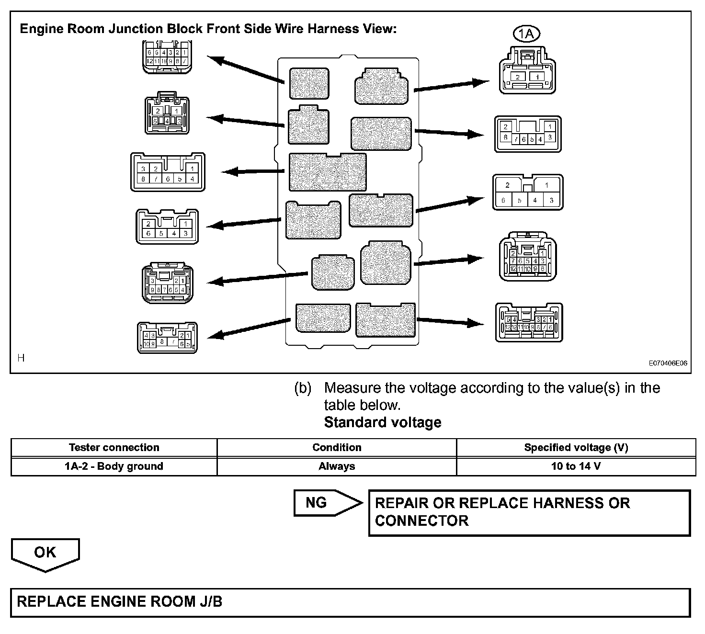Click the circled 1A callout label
pyautogui.click(x=526, y=34)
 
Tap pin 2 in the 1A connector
pyautogui.click(x=517, y=77)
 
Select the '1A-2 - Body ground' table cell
pyautogui.click(x=114, y=466)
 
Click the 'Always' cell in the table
pyautogui.click(x=337, y=466)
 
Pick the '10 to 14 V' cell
pyautogui.click(x=576, y=466)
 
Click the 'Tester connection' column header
pyautogui.click(x=114, y=448)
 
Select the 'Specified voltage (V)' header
pyautogui.click(x=576, y=448)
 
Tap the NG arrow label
pyautogui.click(x=317, y=503)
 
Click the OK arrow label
pyautogui.click(x=45, y=553)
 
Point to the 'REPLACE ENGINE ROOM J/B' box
pyautogui.click(x=350, y=602)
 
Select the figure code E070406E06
pyautogui.click(x=668, y=363)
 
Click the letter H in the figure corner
pyautogui.click(x=21, y=358)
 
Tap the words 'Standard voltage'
pyautogui.click(x=383, y=422)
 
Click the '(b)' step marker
pyautogui.click(x=303, y=388)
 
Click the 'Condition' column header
pyautogui.click(x=337, y=448)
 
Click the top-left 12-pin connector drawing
pyautogui.click(x=167, y=57)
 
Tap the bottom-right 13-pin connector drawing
pyautogui.click(x=529, y=323)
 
